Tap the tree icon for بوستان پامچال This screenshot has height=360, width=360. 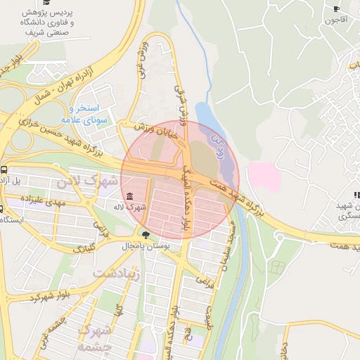[146, 235]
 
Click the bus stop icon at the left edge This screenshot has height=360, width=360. [4, 169]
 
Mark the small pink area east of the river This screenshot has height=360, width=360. [263, 175]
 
